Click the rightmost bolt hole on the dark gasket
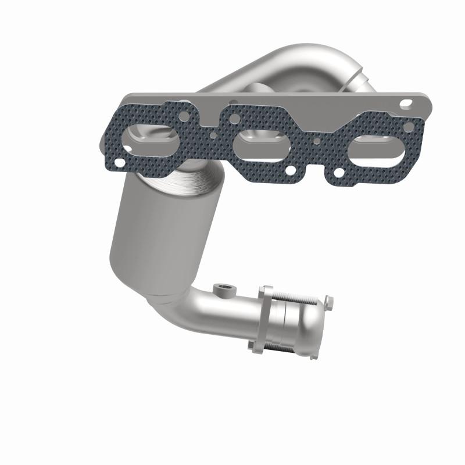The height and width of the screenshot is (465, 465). click(x=409, y=126)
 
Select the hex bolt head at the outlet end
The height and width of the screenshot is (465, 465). click(x=329, y=301)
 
